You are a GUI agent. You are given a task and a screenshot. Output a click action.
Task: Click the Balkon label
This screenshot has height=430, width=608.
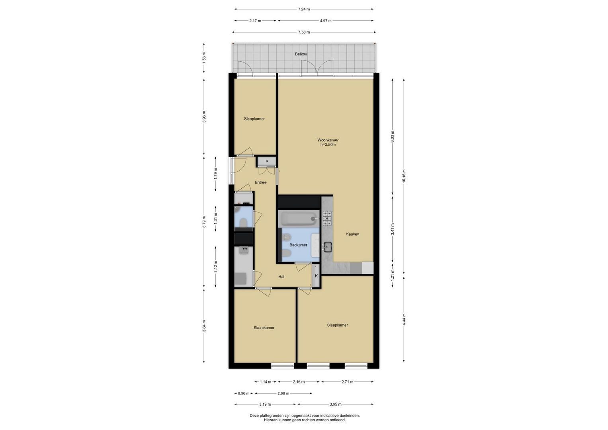pyautogui.click(x=301, y=54)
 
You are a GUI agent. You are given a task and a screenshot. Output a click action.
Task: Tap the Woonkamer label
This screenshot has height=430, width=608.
pyautogui.click(x=328, y=140)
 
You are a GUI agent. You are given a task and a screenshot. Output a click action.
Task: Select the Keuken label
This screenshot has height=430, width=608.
pyautogui.click(x=353, y=234)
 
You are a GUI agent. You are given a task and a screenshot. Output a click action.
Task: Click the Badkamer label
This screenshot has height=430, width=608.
pyautogui.click(x=298, y=245)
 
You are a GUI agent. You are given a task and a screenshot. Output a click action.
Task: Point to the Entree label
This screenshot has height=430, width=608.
pyautogui.click(x=260, y=182)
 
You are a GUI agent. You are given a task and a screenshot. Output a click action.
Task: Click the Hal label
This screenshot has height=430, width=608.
pyautogui.click(x=281, y=277)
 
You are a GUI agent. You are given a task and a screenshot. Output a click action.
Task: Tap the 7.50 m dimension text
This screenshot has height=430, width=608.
pyautogui.click(x=304, y=32)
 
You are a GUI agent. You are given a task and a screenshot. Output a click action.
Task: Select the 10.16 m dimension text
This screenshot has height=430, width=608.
pyautogui.click(x=404, y=176)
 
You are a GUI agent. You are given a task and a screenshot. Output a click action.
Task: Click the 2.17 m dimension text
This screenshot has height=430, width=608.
pyautogui.click(x=255, y=21)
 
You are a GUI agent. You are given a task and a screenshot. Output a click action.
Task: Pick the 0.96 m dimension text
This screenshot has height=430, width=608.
pyautogui.click(x=243, y=393)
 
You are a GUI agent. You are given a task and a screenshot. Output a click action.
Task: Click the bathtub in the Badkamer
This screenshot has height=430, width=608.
pyautogui.click(x=298, y=218)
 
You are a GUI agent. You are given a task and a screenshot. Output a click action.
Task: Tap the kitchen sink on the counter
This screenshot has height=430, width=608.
pyautogui.click(x=328, y=247)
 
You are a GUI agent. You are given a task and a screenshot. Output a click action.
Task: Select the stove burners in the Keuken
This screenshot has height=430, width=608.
pyautogui.click(x=327, y=219)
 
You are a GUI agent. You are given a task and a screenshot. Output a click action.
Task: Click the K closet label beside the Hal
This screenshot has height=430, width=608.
pyautogui.click(x=316, y=276)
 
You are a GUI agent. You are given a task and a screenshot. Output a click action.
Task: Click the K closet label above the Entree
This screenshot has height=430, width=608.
pyautogui.click(x=267, y=161)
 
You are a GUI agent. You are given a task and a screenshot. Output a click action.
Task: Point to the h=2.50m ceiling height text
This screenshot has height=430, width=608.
pyautogui.click(x=328, y=145)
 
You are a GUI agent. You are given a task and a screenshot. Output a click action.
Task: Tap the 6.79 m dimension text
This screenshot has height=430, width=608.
pyautogui.click(x=204, y=221)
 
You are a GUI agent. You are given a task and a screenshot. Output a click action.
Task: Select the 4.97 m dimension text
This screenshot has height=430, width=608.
pyautogui.click(x=326, y=21)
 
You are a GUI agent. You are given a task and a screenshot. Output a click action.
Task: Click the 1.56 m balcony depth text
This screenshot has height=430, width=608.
pyautogui.click(x=204, y=58)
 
